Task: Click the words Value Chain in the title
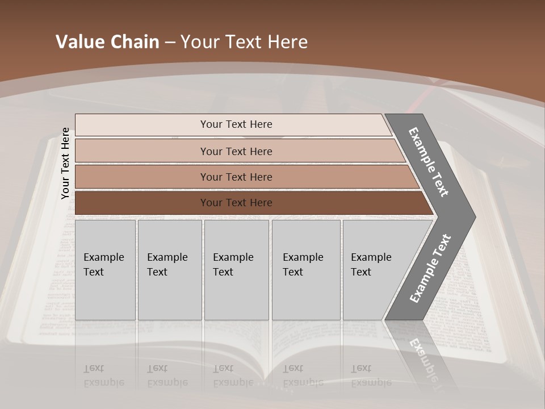pos(107,42)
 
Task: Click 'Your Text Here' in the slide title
pos(244,42)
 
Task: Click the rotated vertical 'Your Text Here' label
pos(65,164)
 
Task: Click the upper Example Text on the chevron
pos(429,162)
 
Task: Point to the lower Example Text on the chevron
pos(430,269)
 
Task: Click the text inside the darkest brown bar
pos(236,203)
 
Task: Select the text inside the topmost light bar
pos(236,124)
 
